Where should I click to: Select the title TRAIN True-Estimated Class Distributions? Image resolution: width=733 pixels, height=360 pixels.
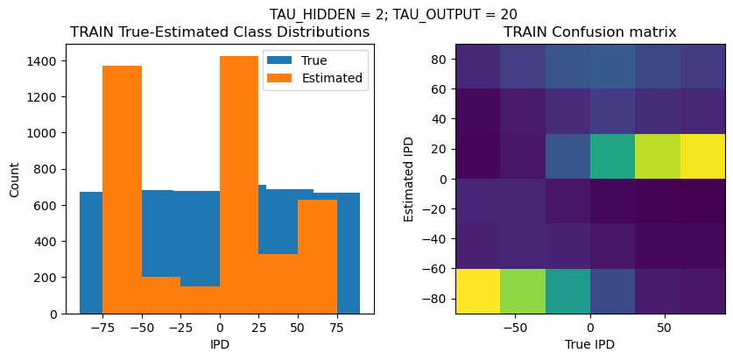220,32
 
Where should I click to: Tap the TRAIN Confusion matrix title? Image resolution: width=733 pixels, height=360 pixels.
589,32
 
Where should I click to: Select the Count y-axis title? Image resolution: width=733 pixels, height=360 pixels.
14,179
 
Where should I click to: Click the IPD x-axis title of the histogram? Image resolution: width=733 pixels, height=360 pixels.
220,344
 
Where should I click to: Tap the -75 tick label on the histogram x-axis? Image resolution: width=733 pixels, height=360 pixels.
102,328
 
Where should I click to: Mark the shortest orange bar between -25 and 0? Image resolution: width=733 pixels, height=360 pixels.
200,300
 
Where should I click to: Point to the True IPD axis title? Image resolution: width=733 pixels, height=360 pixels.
589,344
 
